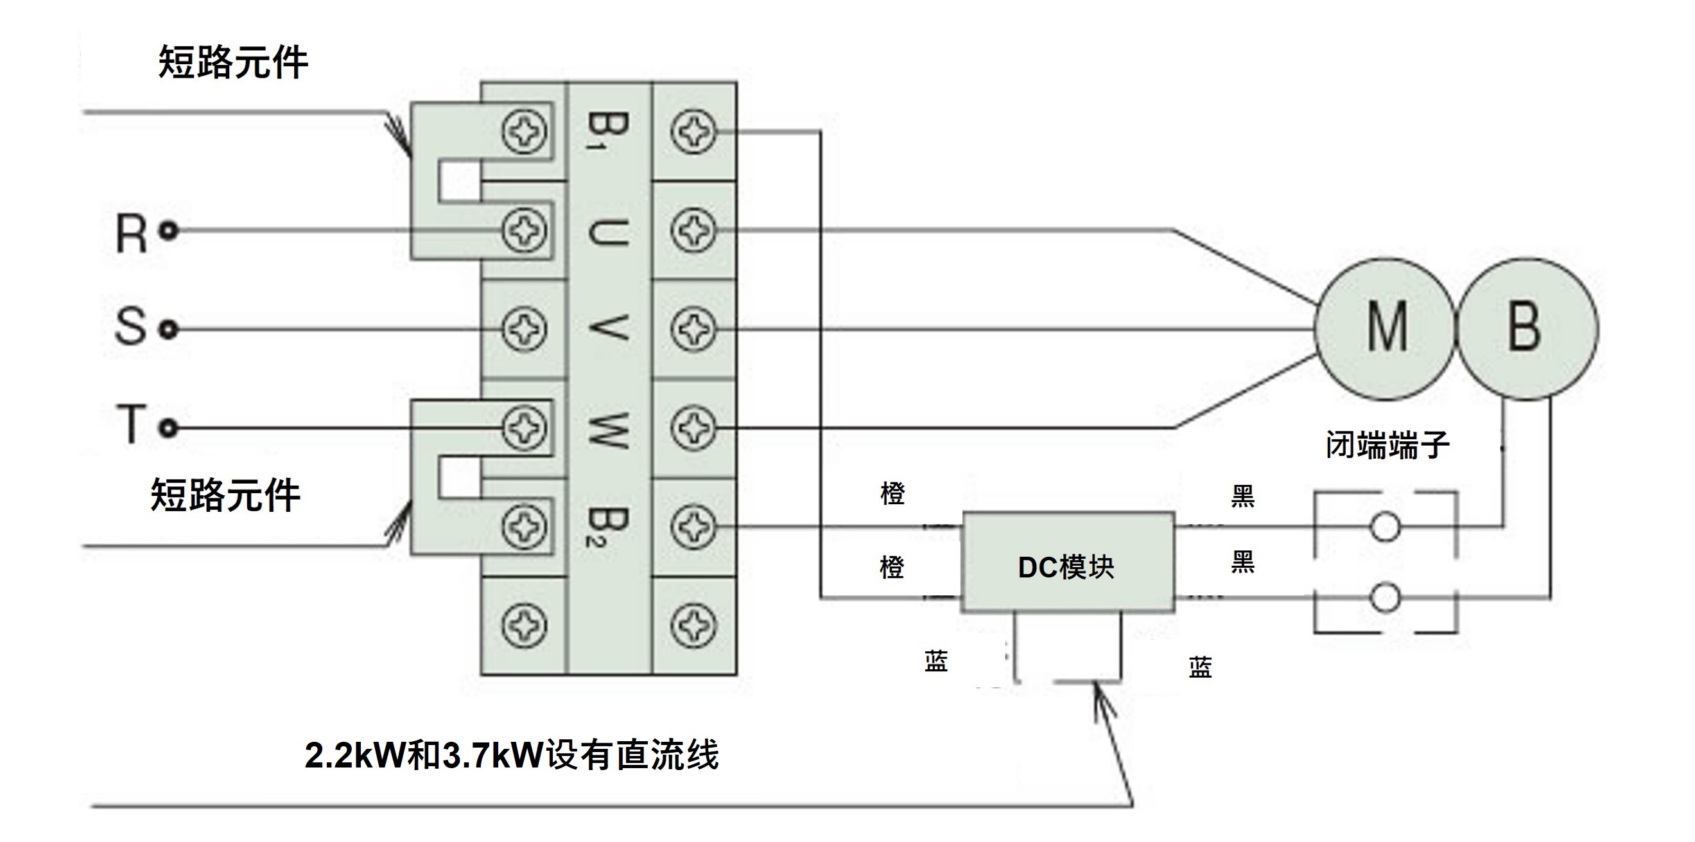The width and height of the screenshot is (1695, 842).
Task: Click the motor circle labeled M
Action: (1384, 328)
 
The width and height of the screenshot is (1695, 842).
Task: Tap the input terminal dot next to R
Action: (169, 231)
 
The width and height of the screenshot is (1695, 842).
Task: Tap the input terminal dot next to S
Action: (169, 329)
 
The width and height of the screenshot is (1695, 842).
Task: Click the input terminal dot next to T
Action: (169, 428)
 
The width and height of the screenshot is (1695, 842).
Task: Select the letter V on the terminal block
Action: (607, 328)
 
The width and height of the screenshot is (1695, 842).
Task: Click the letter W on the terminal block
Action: (607, 430)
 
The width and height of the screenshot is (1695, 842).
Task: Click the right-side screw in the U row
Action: (693, 231)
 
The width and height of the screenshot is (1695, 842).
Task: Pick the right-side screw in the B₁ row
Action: (693, 132)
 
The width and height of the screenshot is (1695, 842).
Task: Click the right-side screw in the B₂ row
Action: (693, 527)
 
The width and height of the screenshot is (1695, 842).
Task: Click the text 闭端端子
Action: (1387, 445)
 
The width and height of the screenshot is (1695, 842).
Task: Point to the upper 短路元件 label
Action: (233, 62)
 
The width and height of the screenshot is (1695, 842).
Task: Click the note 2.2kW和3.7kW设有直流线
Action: (512, 756)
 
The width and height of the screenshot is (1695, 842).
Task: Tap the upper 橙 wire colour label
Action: (892, 494)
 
